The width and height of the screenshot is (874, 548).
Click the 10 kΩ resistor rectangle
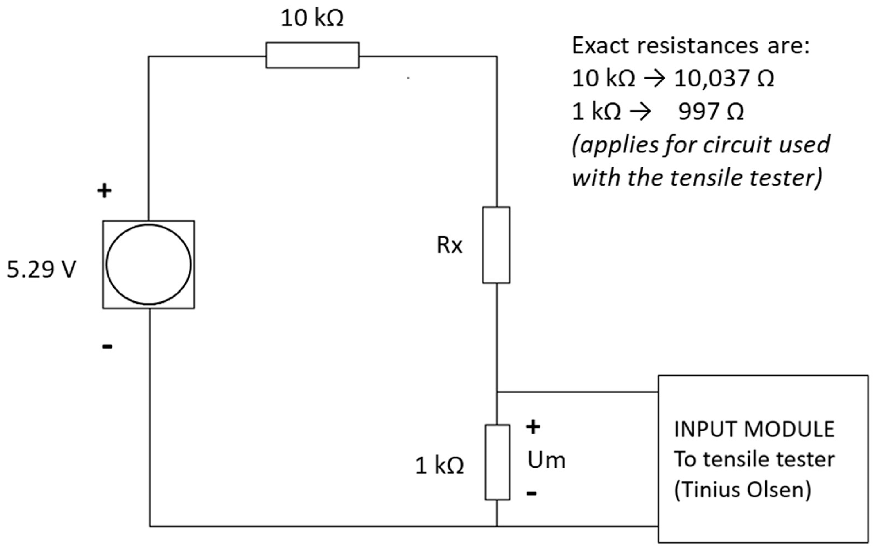pos(312,55)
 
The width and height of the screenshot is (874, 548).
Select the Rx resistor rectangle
pos(496,245)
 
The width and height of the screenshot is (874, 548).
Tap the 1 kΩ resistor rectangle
pos(497,462)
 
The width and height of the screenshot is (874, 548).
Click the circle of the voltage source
pos(148,265)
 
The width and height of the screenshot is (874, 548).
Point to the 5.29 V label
pos(41,270)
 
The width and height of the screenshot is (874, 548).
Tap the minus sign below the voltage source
pos(107,347)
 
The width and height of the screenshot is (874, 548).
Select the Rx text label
pos(449,245)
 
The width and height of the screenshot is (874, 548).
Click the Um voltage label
pos(546,461)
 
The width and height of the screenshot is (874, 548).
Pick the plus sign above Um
pos(533,427)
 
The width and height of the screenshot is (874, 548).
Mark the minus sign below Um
pos(531,493)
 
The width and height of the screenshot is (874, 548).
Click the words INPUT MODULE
pos(754,430)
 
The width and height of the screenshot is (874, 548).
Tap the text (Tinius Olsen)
pos(742,490)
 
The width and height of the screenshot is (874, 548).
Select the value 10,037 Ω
pos(724,78)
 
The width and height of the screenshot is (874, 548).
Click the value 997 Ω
pos(711,112)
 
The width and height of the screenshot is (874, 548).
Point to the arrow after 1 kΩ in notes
pos(640,112)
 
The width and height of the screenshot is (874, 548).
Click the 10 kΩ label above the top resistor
pos(312,18)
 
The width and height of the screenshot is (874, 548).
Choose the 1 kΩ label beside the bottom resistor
pos(439,466)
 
